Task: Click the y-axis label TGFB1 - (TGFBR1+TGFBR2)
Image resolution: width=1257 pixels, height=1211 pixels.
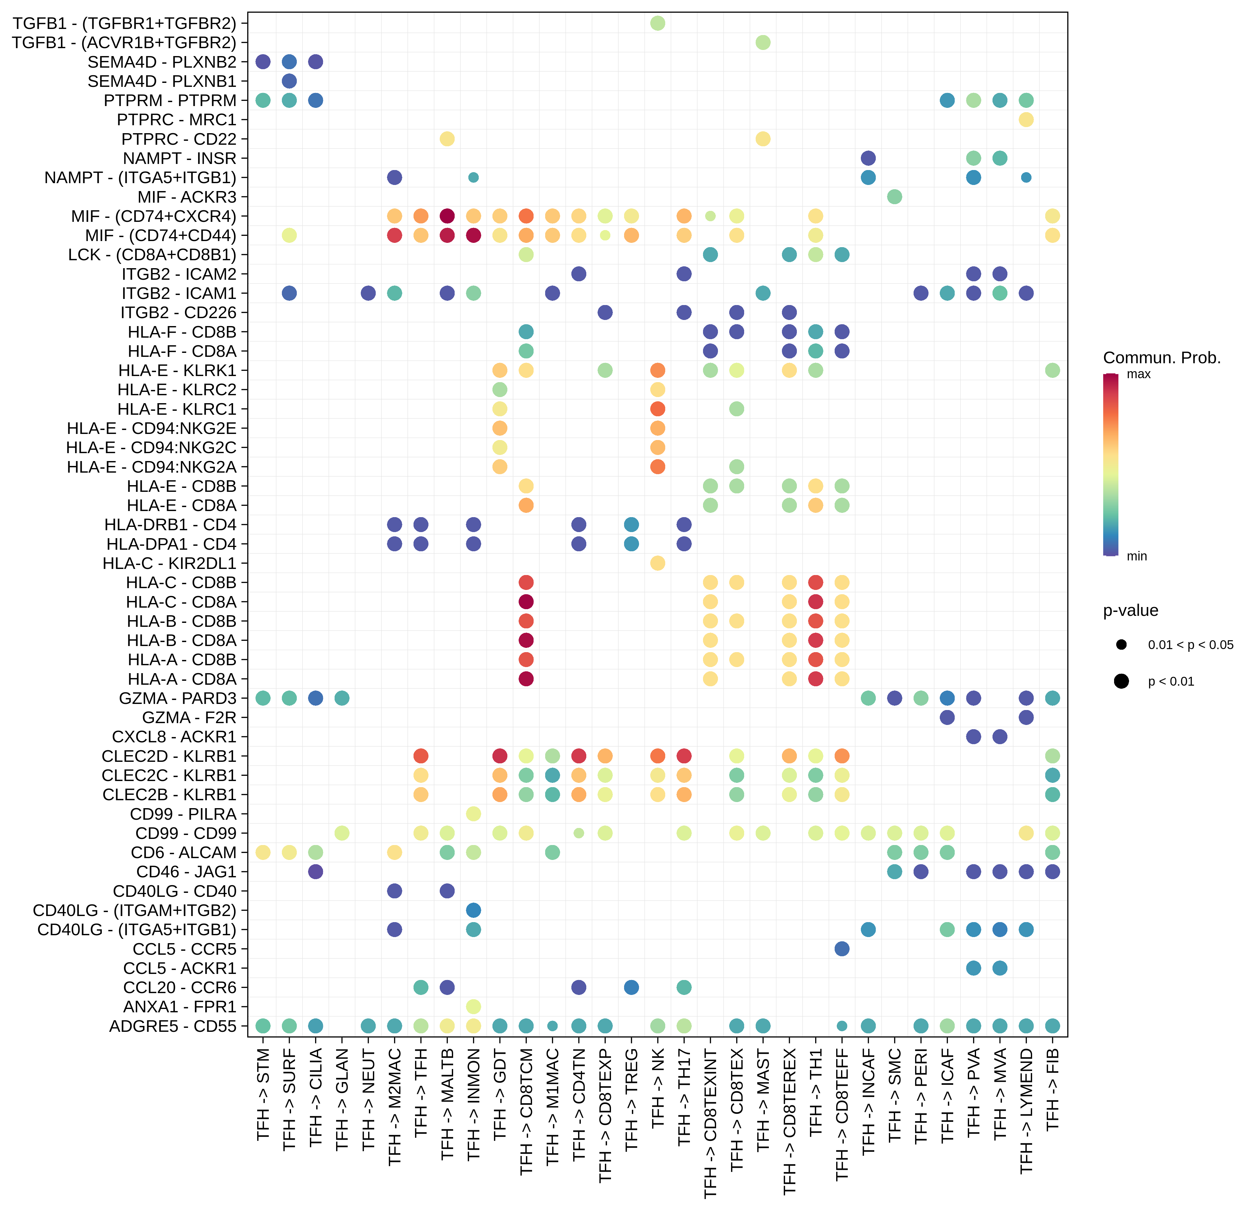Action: pos(124,24)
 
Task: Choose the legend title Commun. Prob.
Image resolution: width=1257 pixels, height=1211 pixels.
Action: pos(1161,358)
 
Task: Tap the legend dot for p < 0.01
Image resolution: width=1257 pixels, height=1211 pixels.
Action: pos(1121,681)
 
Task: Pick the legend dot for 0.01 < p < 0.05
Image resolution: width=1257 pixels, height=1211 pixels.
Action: pos(1121,645)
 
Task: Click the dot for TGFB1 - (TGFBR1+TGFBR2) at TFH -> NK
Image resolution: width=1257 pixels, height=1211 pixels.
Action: pos(657,23)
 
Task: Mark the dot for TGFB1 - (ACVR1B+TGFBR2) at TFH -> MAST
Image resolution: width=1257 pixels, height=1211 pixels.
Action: pos(762,42)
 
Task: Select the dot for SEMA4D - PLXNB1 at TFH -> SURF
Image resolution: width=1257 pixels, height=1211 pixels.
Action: pos(289,81)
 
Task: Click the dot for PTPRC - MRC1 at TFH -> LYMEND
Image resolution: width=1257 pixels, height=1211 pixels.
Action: pos(1026,119)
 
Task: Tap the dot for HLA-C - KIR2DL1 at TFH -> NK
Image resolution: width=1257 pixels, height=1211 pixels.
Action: pos(657,563)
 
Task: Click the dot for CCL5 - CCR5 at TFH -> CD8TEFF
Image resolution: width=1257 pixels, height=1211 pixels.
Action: pos(842,949)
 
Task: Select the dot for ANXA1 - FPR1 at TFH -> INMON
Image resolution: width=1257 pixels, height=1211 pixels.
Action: pos(473,1007)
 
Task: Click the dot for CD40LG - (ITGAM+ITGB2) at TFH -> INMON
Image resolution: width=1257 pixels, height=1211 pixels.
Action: pos(473,910)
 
